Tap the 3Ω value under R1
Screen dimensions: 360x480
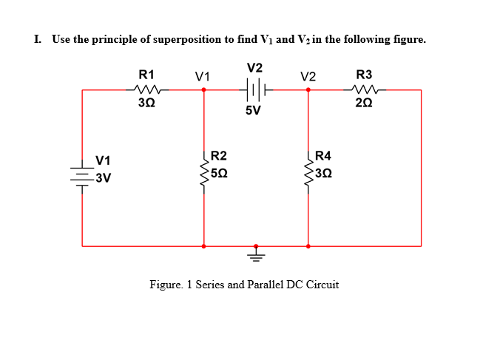pyautogui.click(x=146, y=103)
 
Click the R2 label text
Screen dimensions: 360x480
pyautogui.click(x=219, y=156)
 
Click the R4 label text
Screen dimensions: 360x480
pyautogui.click(x=323, y=156)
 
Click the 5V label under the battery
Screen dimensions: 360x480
pyautogui.click(x=253, y=111)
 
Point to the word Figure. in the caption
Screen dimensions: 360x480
pyautogui.click(x=167, y=285)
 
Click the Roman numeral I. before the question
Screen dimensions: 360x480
pyautogui.click(x=38, y=39)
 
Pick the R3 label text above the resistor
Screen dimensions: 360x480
pyautogui.click(x=365, y=74)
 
